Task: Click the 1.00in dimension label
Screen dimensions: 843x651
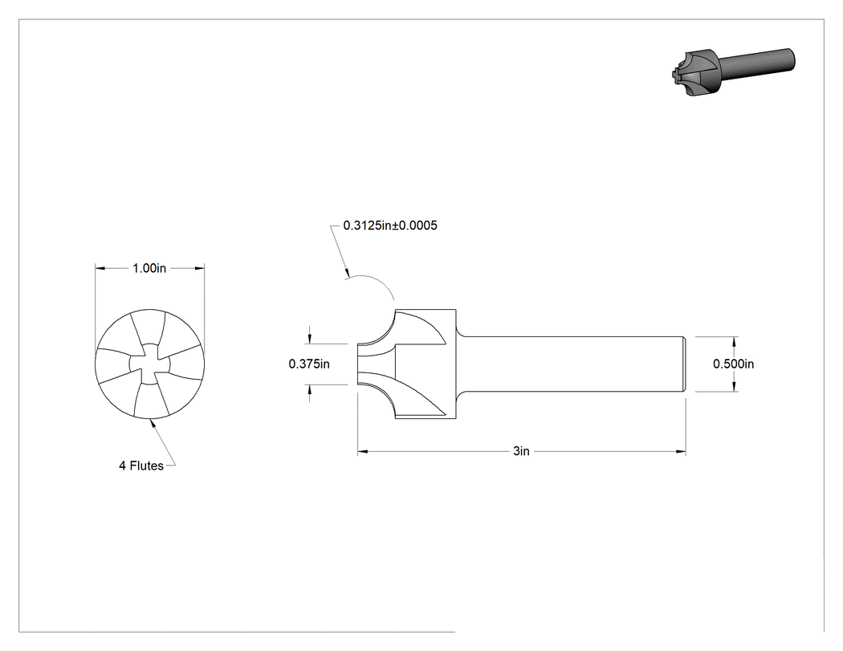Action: pos(149,268)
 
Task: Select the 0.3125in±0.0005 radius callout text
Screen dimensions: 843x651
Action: pos(390,226)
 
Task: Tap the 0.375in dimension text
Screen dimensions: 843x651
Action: pos(309,364)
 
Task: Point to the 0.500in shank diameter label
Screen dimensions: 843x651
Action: pos(733,364)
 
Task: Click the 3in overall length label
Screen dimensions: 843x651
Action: pos(521,452)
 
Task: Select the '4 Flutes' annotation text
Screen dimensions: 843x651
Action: pos(140,466)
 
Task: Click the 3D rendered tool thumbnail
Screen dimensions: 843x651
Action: pos(733,71)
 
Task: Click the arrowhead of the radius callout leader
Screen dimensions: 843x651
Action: pos(346,273)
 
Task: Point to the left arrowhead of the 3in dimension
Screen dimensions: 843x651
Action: pos(363,452)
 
